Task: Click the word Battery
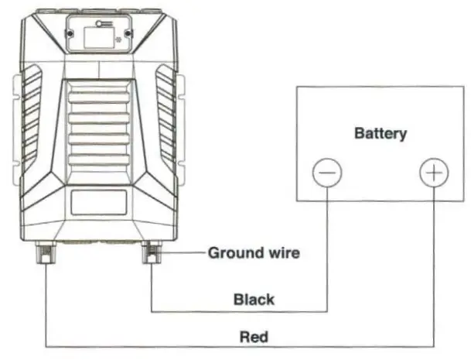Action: click(380, 133)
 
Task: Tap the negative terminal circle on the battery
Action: click(326, 173)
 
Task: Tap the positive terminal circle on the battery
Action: click(434, 173)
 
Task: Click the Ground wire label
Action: click(254, 252)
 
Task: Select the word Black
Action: click(254, 300)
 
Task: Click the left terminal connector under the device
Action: click(45, 252)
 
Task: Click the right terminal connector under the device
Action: click(152, 252)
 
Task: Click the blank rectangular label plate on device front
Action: click(98, 204)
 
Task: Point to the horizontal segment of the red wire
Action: click(232, 347)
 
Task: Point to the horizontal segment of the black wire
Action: click(232, 311)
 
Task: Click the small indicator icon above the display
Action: click(98, 24)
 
